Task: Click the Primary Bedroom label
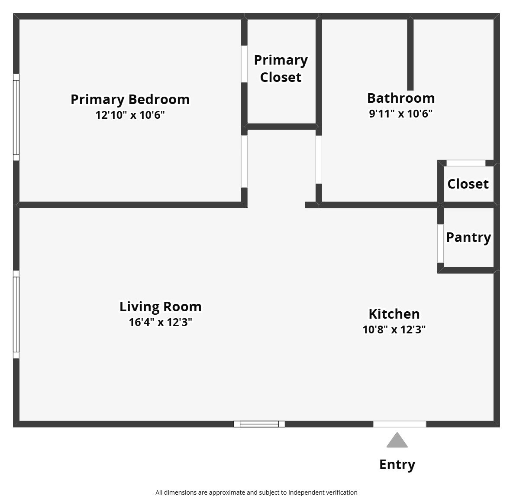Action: pos(130,99)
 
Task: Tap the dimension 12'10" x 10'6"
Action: pos(130,115)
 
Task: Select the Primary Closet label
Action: pos(281,68)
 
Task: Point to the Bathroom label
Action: pos(401,98)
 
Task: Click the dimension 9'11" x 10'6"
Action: pos(401,114)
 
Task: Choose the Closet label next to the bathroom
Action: pos(468,184)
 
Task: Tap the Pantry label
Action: pos(468,237)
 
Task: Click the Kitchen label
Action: pos(394,313)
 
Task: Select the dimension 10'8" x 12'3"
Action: pos(394,329)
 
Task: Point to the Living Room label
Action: pos(160,307)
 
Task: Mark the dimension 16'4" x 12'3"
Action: pos(160,323)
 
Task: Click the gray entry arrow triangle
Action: pos(397,440)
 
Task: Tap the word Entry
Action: pos(397,464)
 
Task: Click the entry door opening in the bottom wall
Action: pos(400,424)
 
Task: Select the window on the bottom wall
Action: pos(259,424)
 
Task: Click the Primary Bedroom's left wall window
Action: pos(16,117)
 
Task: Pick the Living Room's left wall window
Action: pos(16,314)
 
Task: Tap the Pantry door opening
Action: pos(440,243)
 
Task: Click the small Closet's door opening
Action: pos(466,163)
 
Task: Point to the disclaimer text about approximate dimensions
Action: pos(256,492)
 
